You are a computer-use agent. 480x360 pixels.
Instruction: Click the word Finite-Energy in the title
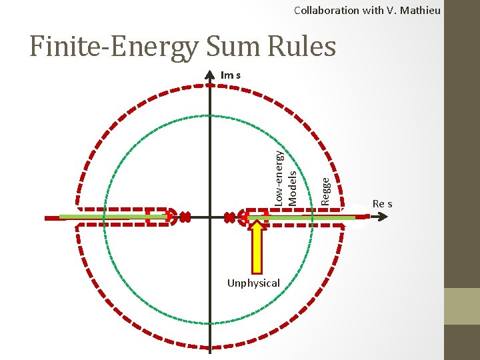click(x=113, y=47)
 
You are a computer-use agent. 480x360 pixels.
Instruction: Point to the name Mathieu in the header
click(x=420, y=10)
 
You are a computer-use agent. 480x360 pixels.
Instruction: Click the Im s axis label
click(x=231, y=75)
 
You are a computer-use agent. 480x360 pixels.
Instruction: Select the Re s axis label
click(x=382, y=203)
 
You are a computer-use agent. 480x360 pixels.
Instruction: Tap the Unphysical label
click(x=253, y=283)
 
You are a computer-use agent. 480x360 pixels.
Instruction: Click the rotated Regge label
click(x=325, y=189)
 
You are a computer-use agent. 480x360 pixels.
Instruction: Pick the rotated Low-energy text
click(x=281, y=177)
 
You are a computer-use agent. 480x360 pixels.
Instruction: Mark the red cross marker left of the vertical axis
click(x=186, y=217)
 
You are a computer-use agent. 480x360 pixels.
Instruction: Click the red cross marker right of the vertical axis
click(x=231, y=217)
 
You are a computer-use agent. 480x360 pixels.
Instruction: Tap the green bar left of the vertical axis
click(x=113, y=217)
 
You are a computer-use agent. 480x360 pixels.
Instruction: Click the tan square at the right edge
click(x=462, y=306)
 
